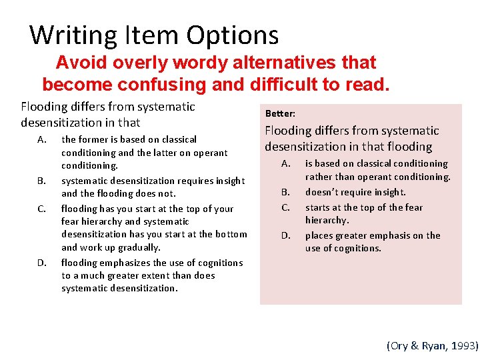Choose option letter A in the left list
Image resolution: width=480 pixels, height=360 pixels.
point(42,140)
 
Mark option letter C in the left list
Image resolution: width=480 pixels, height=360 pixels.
point(42,209)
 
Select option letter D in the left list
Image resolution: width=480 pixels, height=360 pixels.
point(42,263)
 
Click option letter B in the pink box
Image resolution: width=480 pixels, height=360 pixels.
point(285,192)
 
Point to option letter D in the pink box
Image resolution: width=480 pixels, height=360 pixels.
point(285,235)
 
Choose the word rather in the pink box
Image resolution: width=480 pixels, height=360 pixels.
point(319,177)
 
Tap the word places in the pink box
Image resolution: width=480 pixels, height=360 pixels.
point(319,235)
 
